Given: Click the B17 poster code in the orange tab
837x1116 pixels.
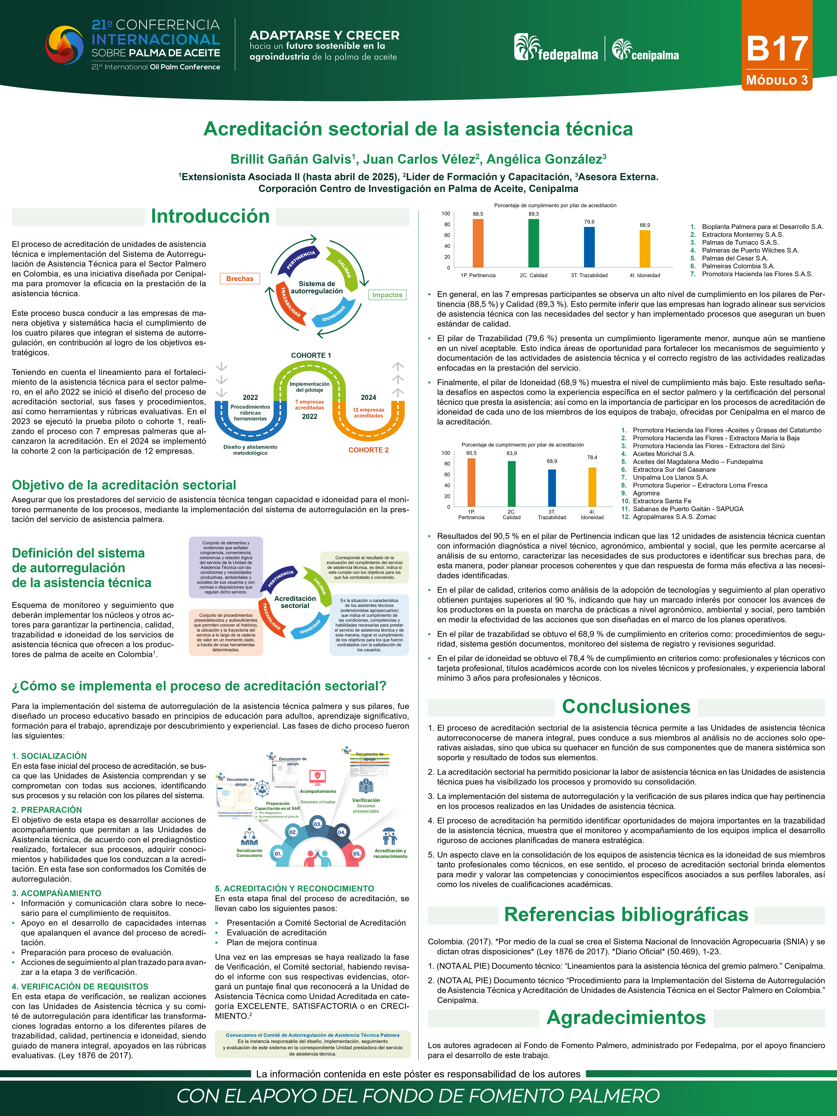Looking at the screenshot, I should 777,49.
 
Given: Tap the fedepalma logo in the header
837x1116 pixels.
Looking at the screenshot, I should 556,48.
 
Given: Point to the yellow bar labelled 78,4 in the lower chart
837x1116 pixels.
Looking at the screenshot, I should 592,487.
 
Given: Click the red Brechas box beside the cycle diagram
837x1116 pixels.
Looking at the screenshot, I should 240,279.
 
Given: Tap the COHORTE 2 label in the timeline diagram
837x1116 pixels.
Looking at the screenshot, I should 368,450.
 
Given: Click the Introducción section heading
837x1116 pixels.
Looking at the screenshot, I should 210,216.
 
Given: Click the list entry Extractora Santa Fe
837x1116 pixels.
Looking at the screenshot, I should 662,501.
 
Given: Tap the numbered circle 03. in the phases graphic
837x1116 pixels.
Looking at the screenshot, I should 317,824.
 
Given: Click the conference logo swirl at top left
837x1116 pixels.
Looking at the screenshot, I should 65,45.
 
